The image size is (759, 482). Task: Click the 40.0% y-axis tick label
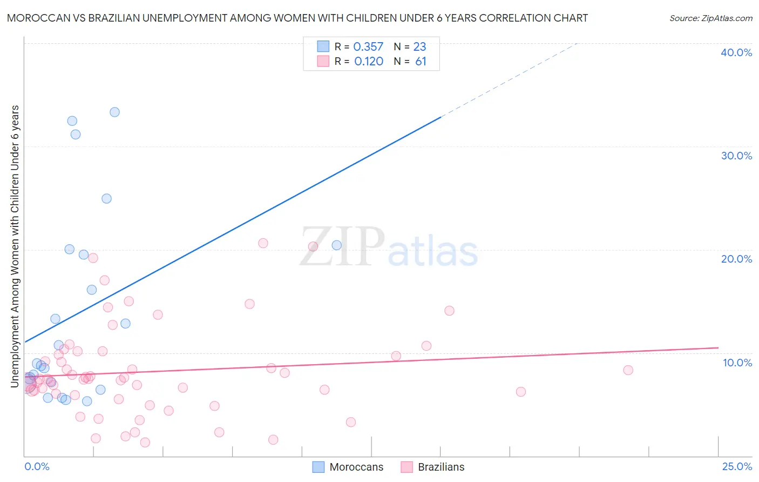coord(736,52)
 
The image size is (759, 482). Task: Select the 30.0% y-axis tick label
coord(736,156)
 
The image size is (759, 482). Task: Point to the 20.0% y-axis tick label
coord(736,259)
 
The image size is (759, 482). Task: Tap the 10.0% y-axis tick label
coord(737,363)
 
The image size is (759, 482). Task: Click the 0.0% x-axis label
coord(37,467)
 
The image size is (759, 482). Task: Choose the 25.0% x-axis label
coord(737,467)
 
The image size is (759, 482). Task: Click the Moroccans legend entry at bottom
coord(356,467)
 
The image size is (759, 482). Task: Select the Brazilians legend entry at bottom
coord(441,467)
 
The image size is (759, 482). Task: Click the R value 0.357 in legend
coord(368,47)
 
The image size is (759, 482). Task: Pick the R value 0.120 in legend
coord(369,62)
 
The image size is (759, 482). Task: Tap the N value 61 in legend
coord(421,62)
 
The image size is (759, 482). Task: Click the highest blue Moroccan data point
coord(114,112)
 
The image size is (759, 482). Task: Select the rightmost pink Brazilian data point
coord(628,370)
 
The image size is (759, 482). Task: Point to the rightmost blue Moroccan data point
coord(336,245)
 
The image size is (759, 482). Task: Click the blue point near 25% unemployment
coord(106,198)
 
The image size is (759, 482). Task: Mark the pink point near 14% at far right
coord(449,311)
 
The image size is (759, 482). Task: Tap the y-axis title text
coord(15,246)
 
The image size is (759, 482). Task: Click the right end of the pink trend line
coord(718,347)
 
